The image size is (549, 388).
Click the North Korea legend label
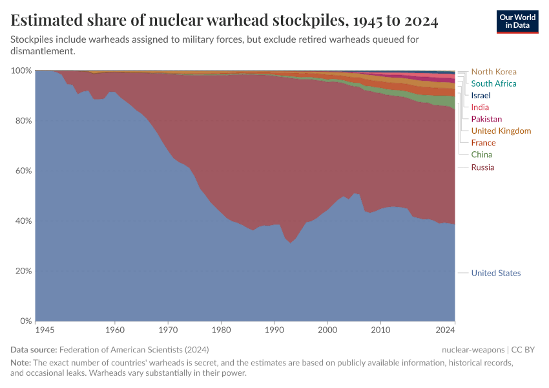click(x=493, y=72)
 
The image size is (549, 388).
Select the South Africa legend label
click(x=493, y=83)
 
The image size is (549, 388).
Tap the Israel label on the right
click(x=481, y=95)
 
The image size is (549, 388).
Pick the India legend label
click(x=480, y=107)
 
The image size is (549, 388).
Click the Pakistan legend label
click(x=486, y=119)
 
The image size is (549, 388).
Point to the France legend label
click(x=483, y=143)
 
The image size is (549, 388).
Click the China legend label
click(x=481, y=155)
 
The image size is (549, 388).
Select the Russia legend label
click(x=482, y=167)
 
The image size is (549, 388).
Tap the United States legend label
click(x=495, y=273)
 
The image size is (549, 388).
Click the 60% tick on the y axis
click(x=23, y=171)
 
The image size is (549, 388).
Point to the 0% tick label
click(x=25, y=321)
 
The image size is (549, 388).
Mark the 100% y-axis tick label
click(x=21, y=70)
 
